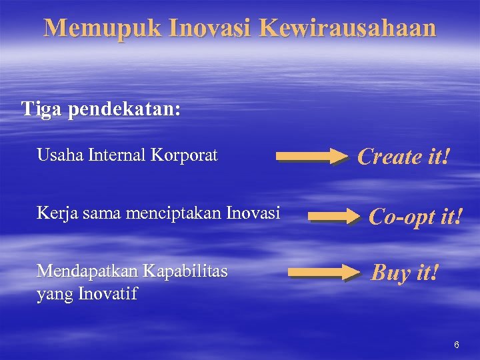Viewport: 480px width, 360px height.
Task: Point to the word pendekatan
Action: [x=124, y=109]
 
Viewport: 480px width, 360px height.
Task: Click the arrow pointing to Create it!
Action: [x=312, y=157]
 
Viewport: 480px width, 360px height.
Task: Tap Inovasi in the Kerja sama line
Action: [x=254, y=214]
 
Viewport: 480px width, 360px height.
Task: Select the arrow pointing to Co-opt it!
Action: [x=334, y=216]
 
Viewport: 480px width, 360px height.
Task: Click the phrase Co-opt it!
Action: [x=415, y=216]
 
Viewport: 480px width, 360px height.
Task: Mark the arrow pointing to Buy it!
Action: [x=323, y=272]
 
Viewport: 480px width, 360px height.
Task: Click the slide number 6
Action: [x=457, y=345]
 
